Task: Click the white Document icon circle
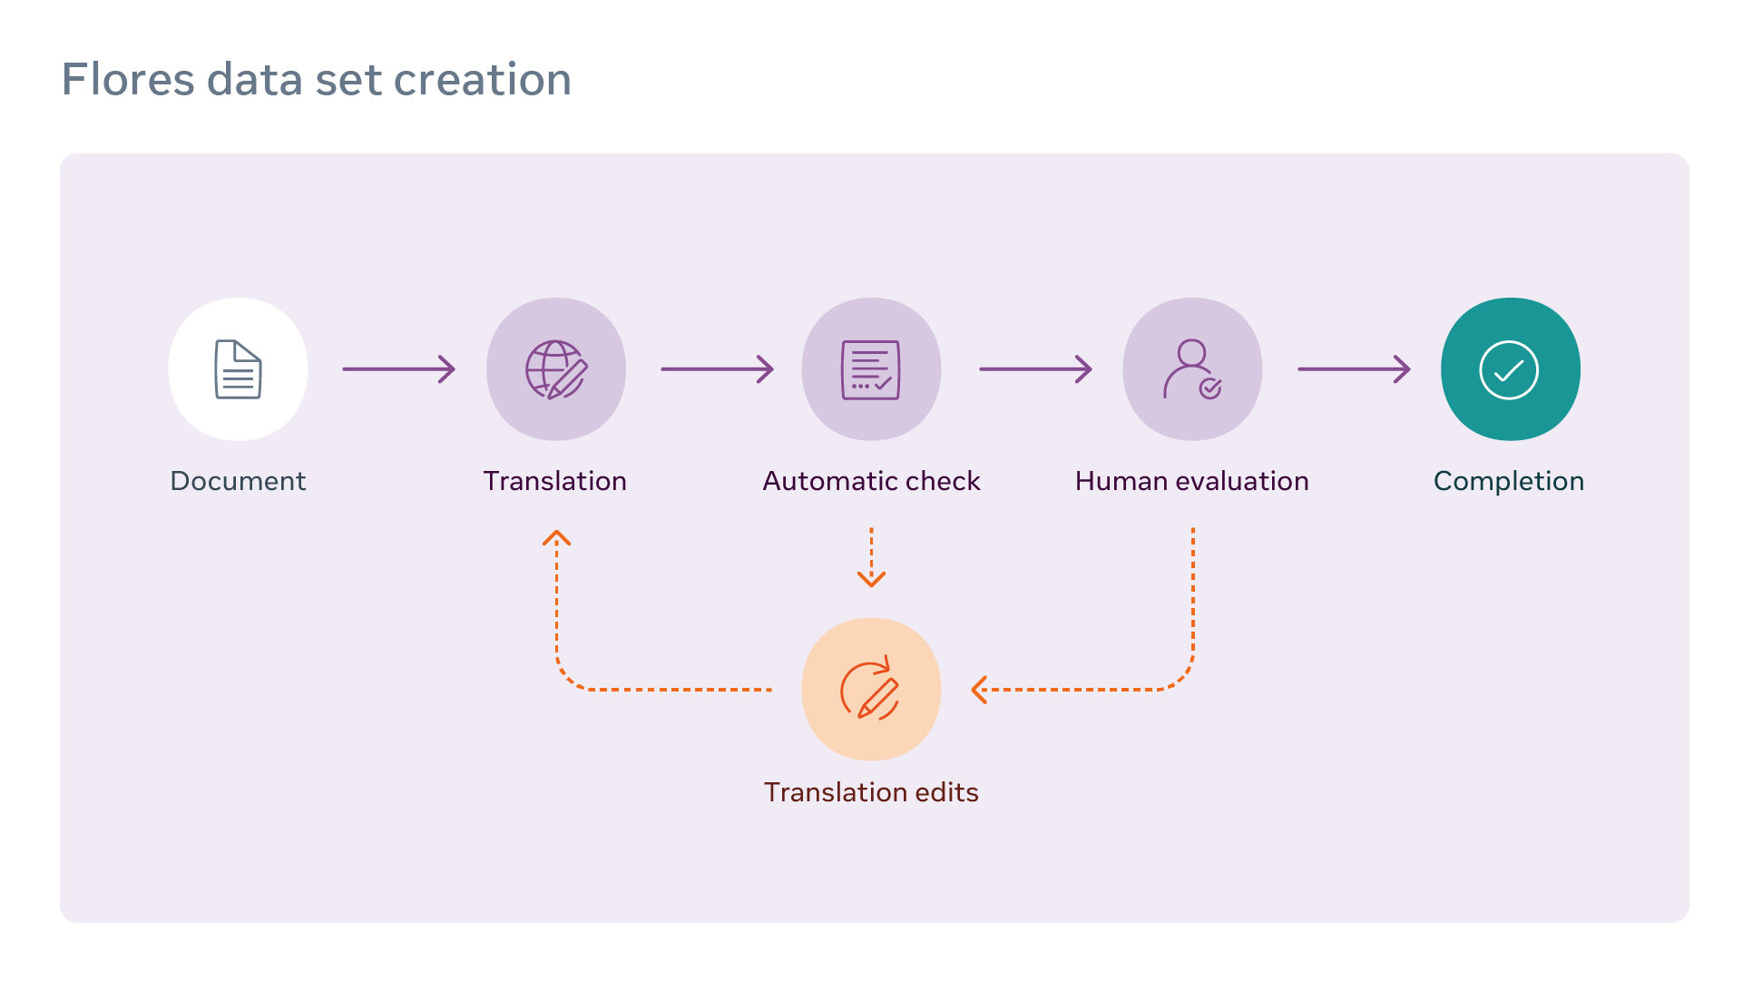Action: click(x=238, y=369)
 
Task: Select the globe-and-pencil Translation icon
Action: click(x=556, y=369)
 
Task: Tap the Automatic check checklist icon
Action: click(x=871, y=369)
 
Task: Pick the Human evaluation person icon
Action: click(x=1192, y=369)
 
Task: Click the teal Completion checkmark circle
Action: click(x=1510, y=369)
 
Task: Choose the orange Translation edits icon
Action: click(x=871, y=690)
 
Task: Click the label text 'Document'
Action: click(x=238, y=481)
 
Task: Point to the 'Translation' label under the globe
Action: click(x=555, y=481)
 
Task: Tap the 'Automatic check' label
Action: click(x=871, y=481)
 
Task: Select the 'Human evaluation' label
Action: click(x=1191, y=481)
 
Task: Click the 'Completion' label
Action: click(x=1509, y=481)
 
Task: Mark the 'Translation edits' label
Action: click(x=871, y=792)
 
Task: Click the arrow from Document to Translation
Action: click(x=398, y=369)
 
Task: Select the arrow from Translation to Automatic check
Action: click(x=717, y=369)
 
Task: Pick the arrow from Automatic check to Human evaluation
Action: click(x=1035, y=369)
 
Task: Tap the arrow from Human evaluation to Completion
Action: click(x=1354, y=369)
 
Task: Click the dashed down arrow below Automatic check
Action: click(x=871, y=558)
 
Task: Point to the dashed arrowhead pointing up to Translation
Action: click(x=556, y=538)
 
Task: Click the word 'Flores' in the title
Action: click(x=128, y=80)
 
